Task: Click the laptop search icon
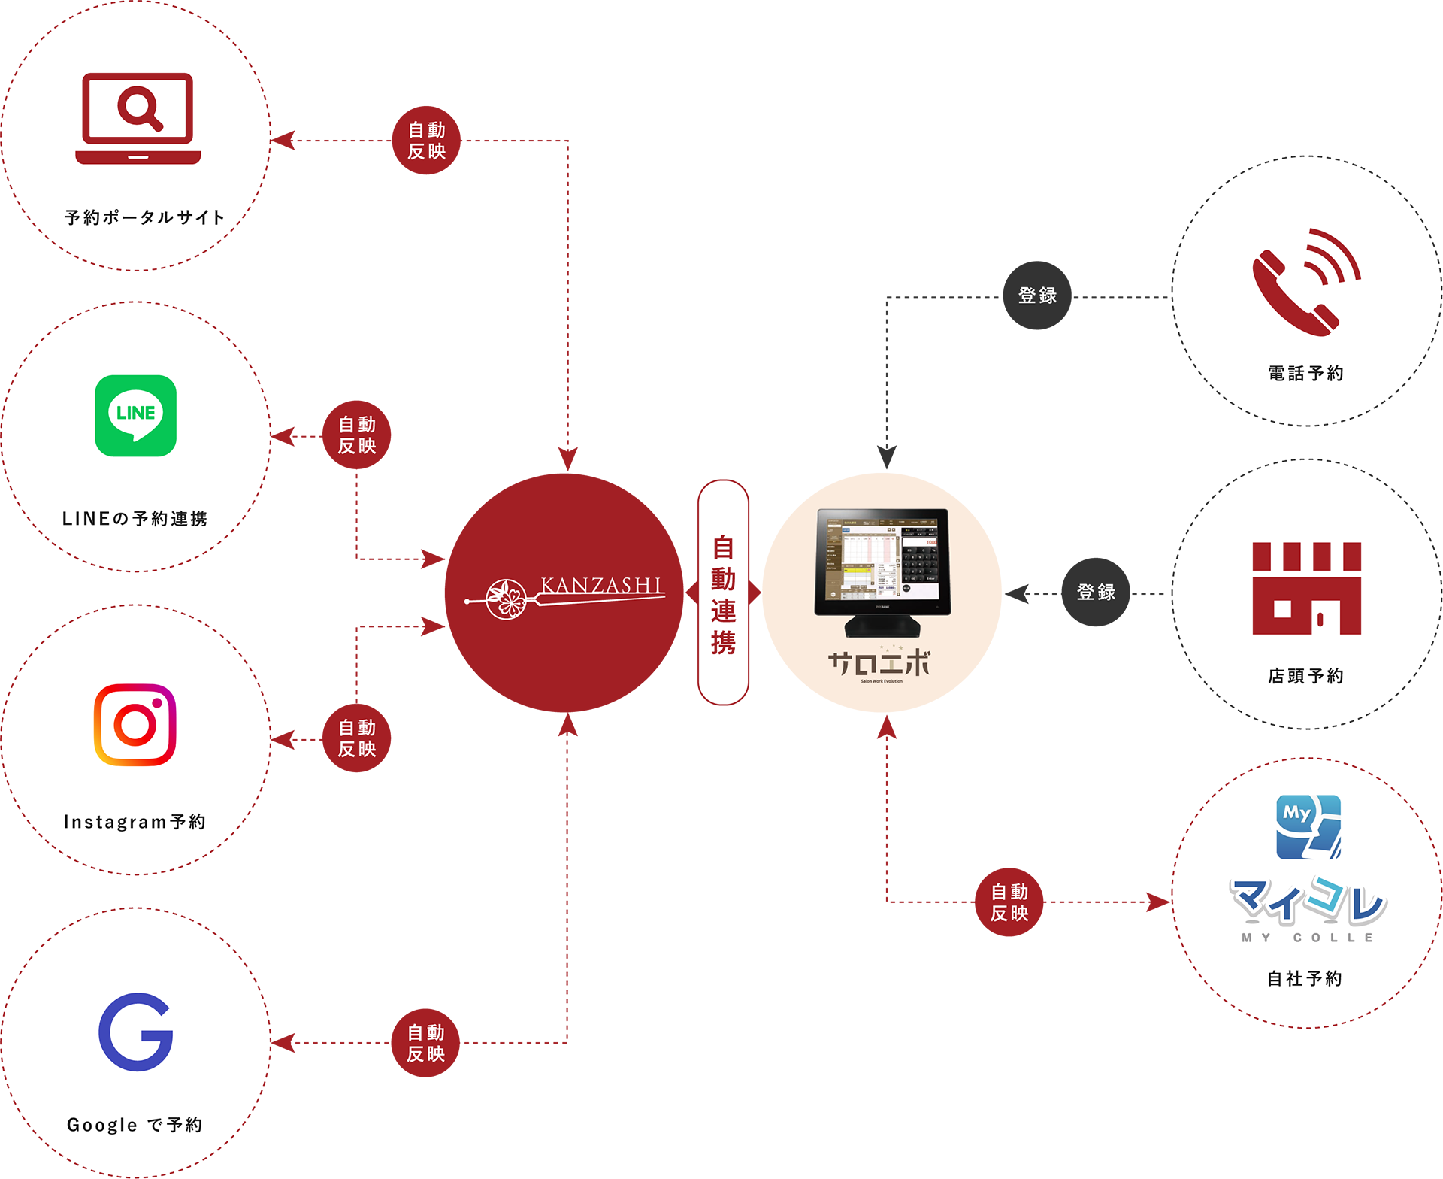pos(138,118)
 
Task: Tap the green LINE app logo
pos(136,416)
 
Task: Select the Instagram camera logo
pos(135,725)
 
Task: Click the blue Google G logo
pos(136,1032)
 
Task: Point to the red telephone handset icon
pos(1305,282)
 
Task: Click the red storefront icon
pos(1306,588)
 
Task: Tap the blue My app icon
pos(1308,826)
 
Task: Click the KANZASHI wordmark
pos(601,585)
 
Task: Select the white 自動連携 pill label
pos(723,593)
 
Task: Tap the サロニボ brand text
pos(879,665)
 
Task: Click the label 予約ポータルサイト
pos(144,218)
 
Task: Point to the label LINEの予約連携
pos(135,519)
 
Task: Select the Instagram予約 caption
pos(135,822)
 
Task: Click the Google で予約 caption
pos(135,1125)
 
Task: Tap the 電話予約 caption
pos(1305,374)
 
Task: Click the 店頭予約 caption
pos(1305,676)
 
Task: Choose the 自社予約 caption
pos(1305,978)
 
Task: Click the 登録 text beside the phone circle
pos(1037,296)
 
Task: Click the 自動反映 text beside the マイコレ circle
pos(1009,902)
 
